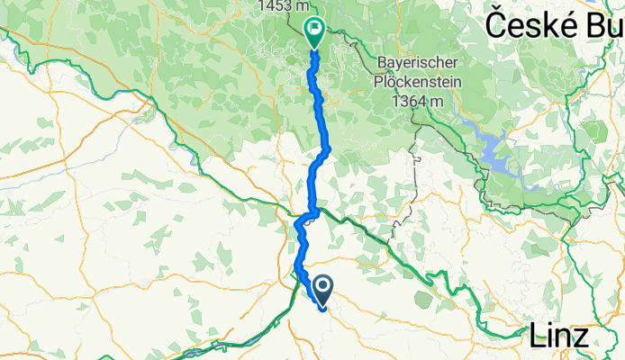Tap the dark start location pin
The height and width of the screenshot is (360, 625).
pyautogui.click(x=321, y=287)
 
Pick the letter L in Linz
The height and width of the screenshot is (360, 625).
pyautogui.click(x=534, y=337)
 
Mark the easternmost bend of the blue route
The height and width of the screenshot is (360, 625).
pyautogui.click(x=331, y=148)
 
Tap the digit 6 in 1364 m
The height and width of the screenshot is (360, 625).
pyautogui.click(x=413, y=102)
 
